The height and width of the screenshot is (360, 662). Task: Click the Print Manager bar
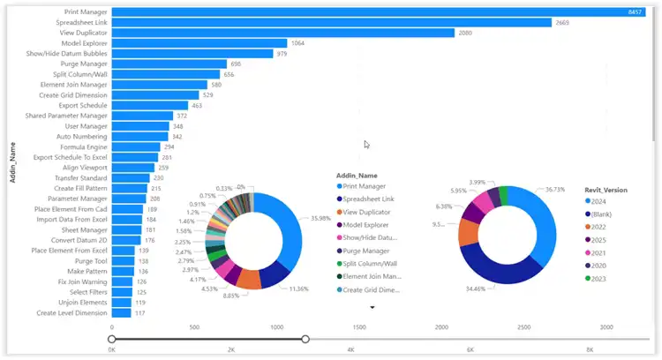point(371,11)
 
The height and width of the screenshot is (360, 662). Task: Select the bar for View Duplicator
point(282,33)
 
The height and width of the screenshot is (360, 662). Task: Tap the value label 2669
point(566,22)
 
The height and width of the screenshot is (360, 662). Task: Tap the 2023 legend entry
point(605,280)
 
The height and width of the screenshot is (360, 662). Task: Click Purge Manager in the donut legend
point(369,251)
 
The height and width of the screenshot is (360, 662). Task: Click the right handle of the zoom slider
point(305,338)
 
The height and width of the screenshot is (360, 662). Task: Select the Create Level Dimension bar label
point(72,313)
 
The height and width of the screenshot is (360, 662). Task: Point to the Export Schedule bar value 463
point(197,105)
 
